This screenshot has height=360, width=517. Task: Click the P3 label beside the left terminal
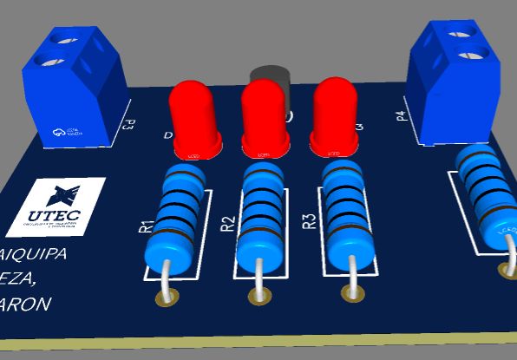point(128,127)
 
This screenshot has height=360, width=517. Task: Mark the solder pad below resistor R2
point(258,296)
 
